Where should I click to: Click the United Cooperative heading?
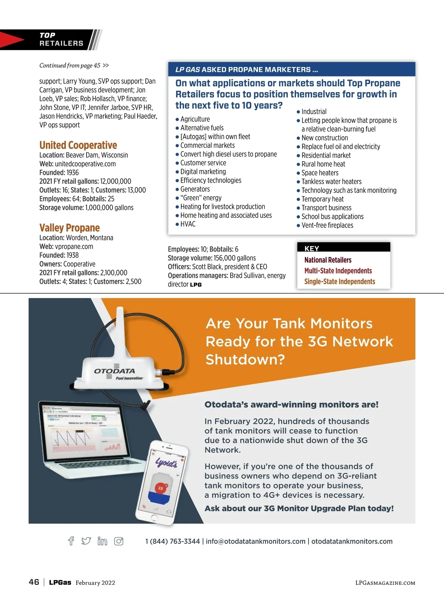pos(78,145)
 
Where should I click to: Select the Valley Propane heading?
pos(70,228)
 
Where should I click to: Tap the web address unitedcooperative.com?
pos(85,164)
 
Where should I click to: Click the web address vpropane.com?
pos(74,247)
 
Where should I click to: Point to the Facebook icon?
pos(71,541)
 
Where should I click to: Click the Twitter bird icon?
pos(86,541)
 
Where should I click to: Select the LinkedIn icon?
pos(102,541)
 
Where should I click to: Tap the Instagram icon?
pos(119,541)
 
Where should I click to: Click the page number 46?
pos(34,582)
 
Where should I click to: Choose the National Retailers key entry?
pos(328,260)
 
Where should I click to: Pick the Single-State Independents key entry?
pos(340,282)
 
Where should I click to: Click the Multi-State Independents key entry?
pos(338,271)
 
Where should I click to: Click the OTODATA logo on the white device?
pos(114,371)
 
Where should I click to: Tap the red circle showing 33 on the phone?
pos(161,488)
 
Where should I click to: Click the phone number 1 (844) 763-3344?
pos(172,541)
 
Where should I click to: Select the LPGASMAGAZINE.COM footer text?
pos(385,583)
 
